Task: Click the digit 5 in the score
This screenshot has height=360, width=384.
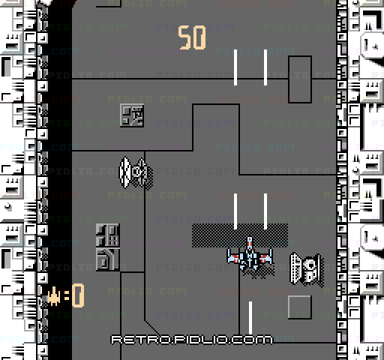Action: tap(185, 37)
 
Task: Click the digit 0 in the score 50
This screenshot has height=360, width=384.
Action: tap(199, 37)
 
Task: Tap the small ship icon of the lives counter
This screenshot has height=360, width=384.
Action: tap(54, 296)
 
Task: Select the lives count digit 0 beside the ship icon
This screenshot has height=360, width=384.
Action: tap(78, 295)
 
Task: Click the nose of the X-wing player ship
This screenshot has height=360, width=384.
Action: tap(250, 239)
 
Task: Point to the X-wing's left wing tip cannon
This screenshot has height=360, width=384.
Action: tap(229, 256)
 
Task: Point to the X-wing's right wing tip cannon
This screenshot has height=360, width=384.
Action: tap(271, 256)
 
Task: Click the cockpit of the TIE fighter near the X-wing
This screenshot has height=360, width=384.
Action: tap(309, 268)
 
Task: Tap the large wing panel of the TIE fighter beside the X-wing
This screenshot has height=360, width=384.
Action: tap(295, 268)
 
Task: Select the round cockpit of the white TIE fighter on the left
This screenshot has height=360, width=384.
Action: tap(138, 172)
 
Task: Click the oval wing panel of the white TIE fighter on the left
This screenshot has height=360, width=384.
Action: tap(124, 172)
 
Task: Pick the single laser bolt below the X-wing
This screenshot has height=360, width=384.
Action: tap(250, 318)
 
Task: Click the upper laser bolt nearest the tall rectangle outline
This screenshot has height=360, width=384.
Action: tap(265, 67)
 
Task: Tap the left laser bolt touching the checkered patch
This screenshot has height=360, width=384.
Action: tap(235, 211)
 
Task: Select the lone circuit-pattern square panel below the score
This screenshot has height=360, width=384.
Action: tap(132, 115)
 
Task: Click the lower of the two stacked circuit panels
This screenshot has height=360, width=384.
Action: tap(108, 259)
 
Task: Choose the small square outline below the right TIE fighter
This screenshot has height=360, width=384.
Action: tap(300, 307)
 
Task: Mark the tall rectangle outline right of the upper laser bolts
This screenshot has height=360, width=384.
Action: tap(289, 79)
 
